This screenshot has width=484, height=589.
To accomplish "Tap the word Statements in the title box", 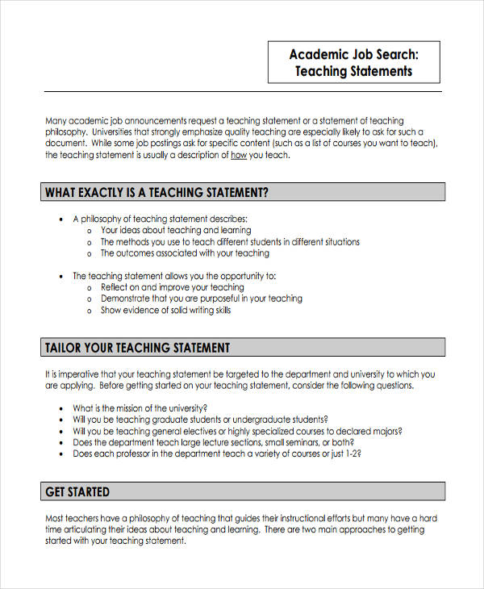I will (382, 71).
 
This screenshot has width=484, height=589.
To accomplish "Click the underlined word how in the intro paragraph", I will (239, 156).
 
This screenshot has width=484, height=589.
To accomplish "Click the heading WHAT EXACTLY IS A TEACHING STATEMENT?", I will (156, 193).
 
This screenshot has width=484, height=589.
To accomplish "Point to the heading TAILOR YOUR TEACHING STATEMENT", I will (137, 348).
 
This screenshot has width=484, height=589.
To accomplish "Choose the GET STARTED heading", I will (77, 491).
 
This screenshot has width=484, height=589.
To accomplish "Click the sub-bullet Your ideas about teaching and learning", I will (175, 231).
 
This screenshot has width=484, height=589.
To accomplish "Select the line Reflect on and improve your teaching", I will (172, 287).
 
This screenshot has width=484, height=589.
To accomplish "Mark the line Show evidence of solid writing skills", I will (165, 310).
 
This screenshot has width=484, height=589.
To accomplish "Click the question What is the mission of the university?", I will (140, 408).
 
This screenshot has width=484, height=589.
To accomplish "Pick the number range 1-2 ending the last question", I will (353, 453).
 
